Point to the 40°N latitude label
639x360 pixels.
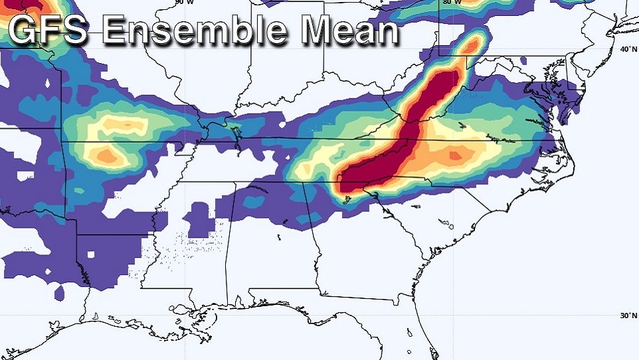tap(626, 50)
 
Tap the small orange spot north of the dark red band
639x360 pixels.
tap(471, 45)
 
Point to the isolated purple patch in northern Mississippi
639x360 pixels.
tap(199, 219)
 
